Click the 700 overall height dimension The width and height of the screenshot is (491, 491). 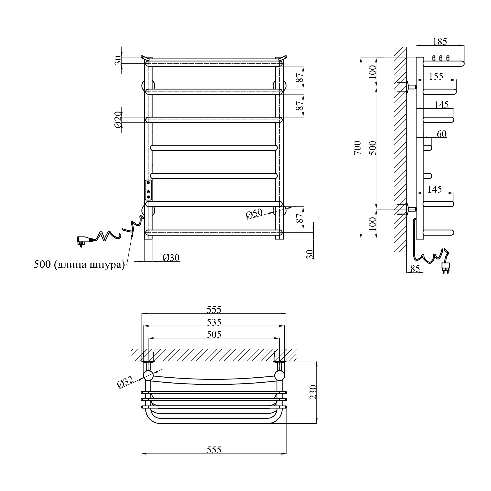(x=357, y=148)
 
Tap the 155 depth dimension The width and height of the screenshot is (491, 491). (x=436, y=76)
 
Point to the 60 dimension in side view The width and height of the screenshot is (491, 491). (x=442, y=134)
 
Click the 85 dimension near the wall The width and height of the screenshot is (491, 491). (x=415, y=269)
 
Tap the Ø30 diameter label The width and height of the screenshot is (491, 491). (x=171, y=258)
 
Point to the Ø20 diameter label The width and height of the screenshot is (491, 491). (x=118, y=120)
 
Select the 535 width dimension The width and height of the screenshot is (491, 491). (x=214, y=322)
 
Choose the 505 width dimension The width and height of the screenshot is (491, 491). (x=214, y=334)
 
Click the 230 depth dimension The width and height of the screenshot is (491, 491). (x=313, y=392)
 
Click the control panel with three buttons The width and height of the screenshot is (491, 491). (x=148, y=190)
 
